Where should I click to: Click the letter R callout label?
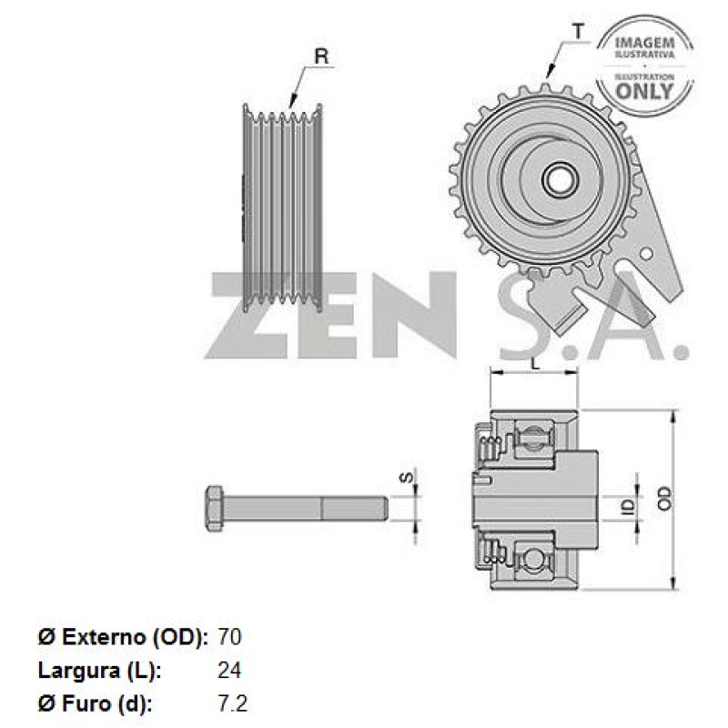pos(320,56)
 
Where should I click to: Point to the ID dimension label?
pos(627,505)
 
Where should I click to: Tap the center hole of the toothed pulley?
pos(557,177)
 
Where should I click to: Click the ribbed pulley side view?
pos(283,207)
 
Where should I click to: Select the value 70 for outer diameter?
pos(230,636)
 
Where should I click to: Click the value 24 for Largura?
pos(230,671)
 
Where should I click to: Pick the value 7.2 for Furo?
pos(233,703)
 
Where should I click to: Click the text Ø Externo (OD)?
pos(124,636)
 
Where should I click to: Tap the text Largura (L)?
pos(100,671)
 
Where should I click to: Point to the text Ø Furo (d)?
pos(96,703)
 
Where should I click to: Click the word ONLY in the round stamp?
pos(644,90)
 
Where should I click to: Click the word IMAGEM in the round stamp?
pos(644,43)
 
